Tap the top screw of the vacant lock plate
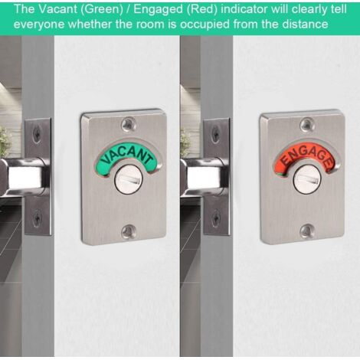[129, 124]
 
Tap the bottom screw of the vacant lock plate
[127, 231]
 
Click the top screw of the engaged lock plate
[307, 124]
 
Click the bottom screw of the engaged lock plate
[306, 231]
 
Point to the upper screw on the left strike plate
[36, 133]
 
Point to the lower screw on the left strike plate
[37, 218]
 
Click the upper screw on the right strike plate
[215, 133]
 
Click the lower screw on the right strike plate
[216, 218]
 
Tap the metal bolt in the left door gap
[25, 177]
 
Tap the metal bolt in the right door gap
[205, 177]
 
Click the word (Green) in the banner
[101, 10]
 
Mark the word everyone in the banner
[40, 25]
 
